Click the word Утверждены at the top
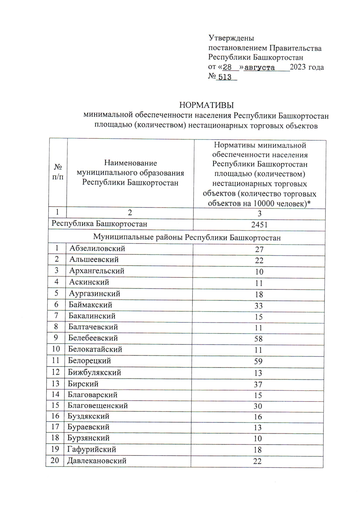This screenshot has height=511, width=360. tap(231, 38)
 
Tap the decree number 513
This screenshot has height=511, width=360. tap(225, 77)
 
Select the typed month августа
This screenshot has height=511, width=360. tap(259, 68)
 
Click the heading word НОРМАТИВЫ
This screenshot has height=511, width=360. tap(206, 105)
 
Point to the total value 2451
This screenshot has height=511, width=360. tap(259, 225)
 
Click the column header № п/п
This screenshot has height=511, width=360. tap(58, 172)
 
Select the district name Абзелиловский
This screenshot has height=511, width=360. tap(97, 249)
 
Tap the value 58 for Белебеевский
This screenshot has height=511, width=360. tap(258, 339)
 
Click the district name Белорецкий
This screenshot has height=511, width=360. tap(89, 361)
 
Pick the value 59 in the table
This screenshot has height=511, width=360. tap(258, 361)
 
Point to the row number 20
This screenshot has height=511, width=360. tap(55, 460)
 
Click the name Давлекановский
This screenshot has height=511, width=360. tap(97, 461)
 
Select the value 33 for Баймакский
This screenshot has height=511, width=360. tap(259, 306)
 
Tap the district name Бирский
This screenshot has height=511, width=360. tap(83, 384)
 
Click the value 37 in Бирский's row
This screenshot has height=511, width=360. tap(258, 384)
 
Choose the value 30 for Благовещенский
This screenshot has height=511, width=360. tap(258, 406)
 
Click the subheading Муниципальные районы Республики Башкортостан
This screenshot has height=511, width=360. tap(187, 238)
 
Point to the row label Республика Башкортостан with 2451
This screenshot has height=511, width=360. tap(99, 224)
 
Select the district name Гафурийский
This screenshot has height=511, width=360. tap(91, 449)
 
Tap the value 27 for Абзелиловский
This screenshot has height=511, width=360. tap(259, 249)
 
